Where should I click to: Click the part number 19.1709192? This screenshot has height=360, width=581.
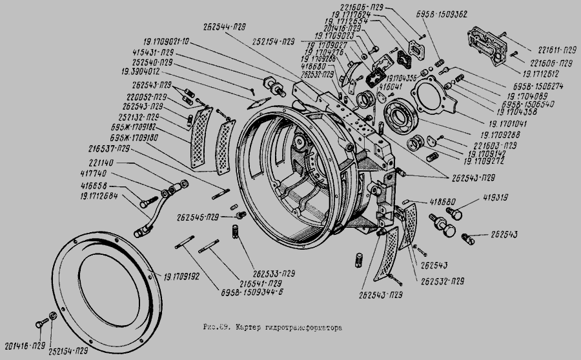183,276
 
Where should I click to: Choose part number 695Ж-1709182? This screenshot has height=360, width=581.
135,128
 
